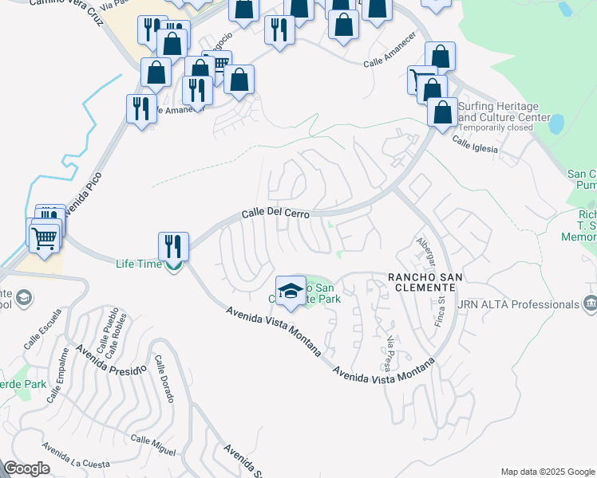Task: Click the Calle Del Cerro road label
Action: click(275, 214)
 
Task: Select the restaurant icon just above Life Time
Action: click(173, 245)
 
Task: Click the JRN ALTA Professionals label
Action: click(516, 304)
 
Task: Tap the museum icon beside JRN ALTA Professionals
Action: click(590, 303)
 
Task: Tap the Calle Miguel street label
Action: click(152, 445)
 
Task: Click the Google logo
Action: click(27, 468)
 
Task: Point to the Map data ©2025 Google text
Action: click(547, 472)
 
